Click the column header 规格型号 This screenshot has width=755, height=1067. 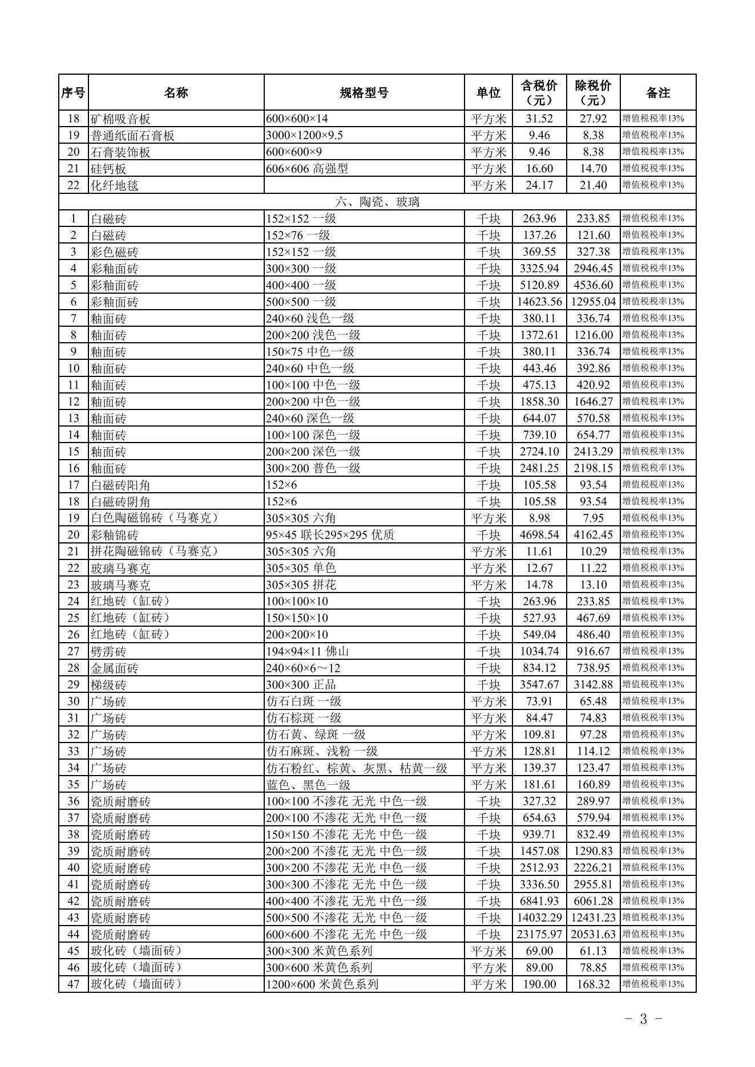364,92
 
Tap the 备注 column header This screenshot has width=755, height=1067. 657,92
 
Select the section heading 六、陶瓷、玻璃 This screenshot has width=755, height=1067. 377,202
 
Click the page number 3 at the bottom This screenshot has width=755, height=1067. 643,1019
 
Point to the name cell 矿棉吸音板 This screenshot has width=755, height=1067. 120,119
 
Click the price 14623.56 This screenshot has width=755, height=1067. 539,302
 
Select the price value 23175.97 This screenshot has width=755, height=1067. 539,934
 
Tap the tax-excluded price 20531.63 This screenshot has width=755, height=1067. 593,934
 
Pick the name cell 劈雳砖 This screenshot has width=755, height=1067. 108,651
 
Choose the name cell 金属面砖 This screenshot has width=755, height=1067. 114,668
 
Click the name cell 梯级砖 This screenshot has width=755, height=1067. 108,684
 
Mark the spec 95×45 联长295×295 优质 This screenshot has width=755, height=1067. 330,535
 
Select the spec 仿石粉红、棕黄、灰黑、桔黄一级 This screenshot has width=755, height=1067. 357,768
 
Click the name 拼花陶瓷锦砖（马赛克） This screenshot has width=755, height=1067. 155,551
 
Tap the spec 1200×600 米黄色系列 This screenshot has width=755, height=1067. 322,984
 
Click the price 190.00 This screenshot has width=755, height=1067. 539,984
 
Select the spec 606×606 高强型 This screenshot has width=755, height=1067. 306,169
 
